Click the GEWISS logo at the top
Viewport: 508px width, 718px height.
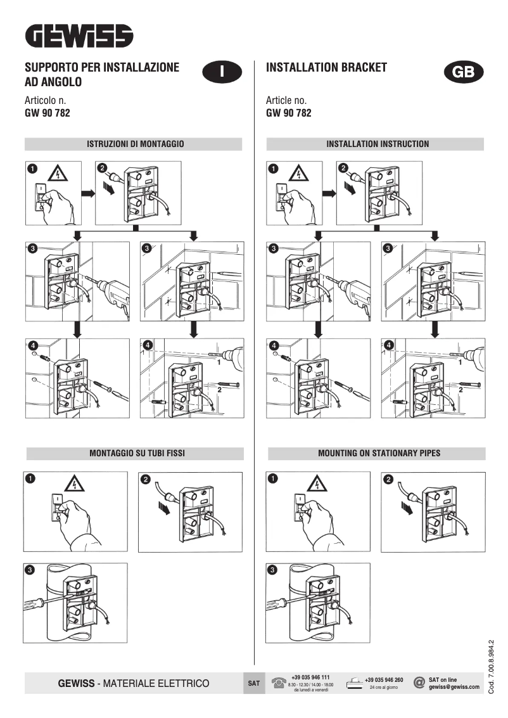[79, 36]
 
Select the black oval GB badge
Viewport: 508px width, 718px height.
[464, 72]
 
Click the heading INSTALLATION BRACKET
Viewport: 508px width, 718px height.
[326, 67]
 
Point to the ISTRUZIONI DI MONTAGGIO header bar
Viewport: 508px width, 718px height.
[134, 144]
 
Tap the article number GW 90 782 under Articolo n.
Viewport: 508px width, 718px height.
[47, 113]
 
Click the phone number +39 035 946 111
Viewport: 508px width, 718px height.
[310, 677]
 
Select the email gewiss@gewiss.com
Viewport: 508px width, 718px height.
[454, 687]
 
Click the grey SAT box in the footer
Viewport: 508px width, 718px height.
[253, 684]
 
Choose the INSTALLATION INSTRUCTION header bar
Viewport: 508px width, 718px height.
[377, 144]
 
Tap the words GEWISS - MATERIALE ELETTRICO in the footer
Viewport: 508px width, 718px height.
[134, 684]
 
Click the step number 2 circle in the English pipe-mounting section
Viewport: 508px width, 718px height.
[388, 479]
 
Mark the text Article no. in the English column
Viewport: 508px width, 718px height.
[286, 101]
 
